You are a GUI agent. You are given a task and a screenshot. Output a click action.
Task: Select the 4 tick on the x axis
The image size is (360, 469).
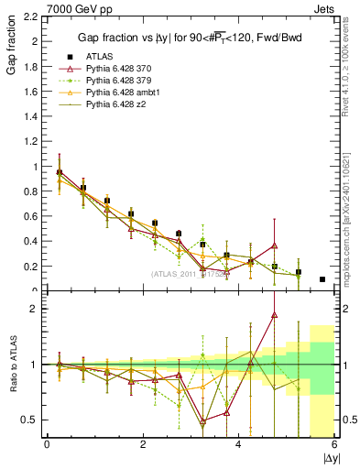point(238,445)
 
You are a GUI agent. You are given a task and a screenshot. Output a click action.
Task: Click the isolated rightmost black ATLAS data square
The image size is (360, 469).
point(322,279)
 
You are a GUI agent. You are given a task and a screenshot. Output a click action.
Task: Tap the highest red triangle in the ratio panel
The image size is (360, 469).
point(274,315)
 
